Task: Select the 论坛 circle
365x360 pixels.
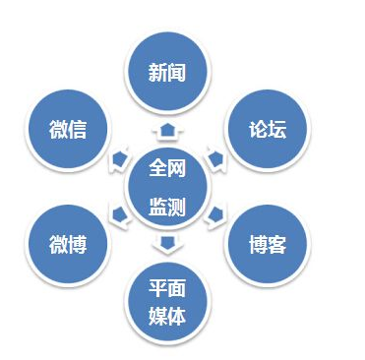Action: click(267, 129)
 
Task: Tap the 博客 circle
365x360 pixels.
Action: click(267, 244)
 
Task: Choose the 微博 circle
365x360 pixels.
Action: click(68, 244)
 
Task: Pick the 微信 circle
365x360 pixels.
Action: click(68, 129)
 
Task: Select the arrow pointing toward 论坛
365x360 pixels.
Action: click(216, 155)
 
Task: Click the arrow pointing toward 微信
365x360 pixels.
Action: click(119, 155)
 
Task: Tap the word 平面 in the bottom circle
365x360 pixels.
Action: click(167, 287)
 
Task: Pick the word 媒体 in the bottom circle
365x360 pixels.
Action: click(167, 316)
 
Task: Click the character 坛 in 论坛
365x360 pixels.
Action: click(277, 129)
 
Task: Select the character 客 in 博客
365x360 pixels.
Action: click(277, 244)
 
